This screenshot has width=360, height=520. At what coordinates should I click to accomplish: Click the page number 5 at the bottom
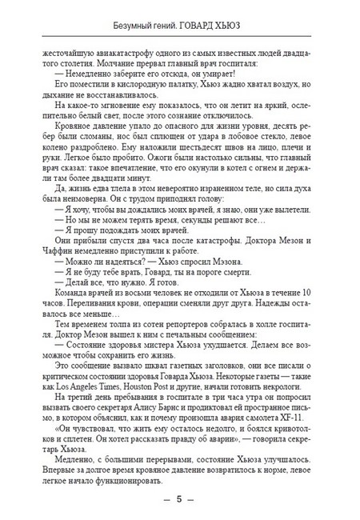[x=180, y=499]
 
